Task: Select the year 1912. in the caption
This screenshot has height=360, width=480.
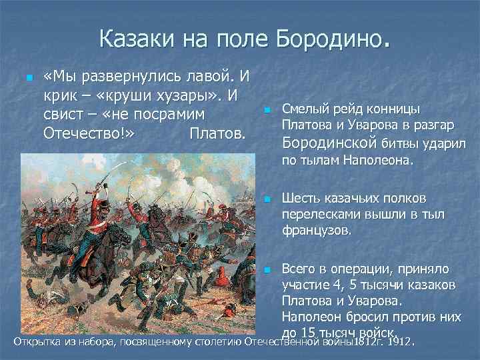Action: [x=399, y=343]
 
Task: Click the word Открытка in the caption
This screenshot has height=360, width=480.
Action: [x=39, y=343]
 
